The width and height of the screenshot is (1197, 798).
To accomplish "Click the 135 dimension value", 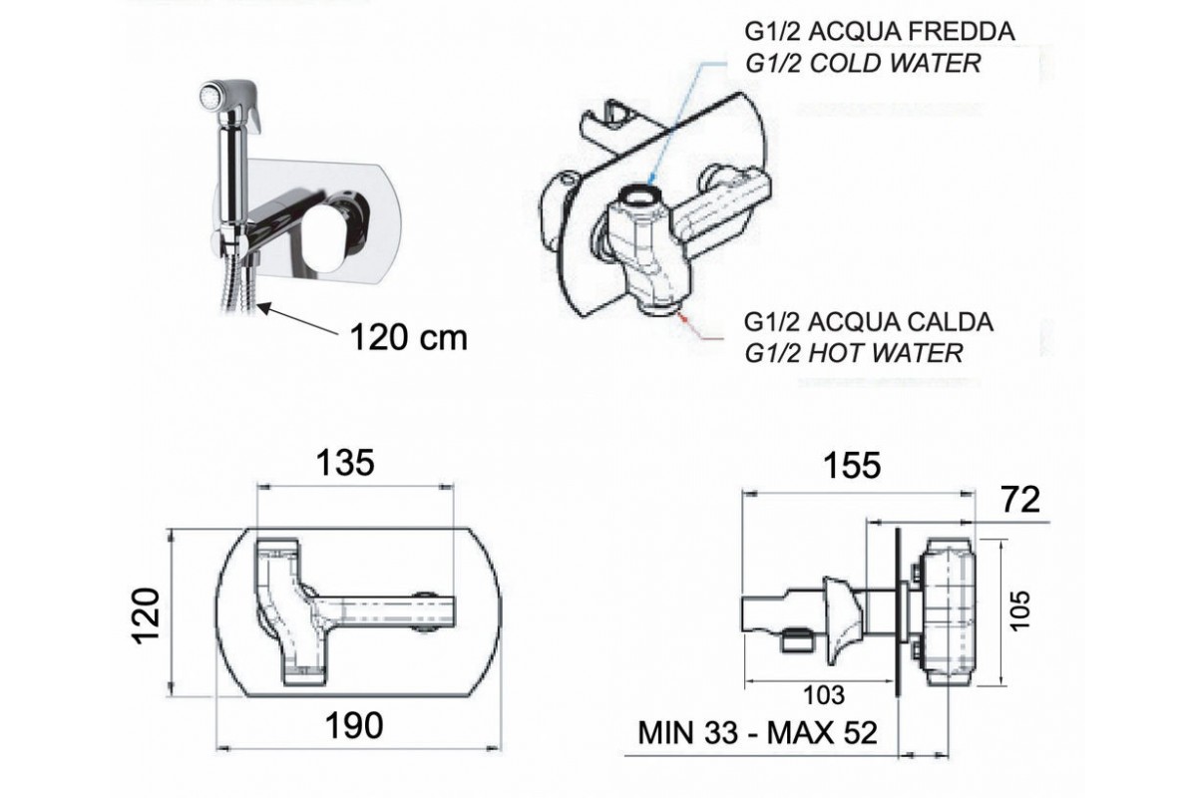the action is [345, 463].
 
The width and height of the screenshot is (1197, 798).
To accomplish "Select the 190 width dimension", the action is [354, 726].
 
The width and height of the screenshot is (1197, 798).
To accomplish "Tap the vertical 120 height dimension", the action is [146, 615].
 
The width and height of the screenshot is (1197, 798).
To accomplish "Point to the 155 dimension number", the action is [852, 465].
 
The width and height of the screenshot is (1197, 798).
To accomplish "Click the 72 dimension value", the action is [1020, 500].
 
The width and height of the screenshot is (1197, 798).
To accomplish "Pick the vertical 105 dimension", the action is [1019, 610].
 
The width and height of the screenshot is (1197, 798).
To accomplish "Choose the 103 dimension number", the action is [825, 695].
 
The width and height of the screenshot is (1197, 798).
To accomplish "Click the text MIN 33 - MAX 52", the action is [758, 733].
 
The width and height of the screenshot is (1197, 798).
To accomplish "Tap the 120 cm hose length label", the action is [409, 338].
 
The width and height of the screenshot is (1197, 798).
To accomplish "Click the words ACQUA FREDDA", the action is [912, 32].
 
